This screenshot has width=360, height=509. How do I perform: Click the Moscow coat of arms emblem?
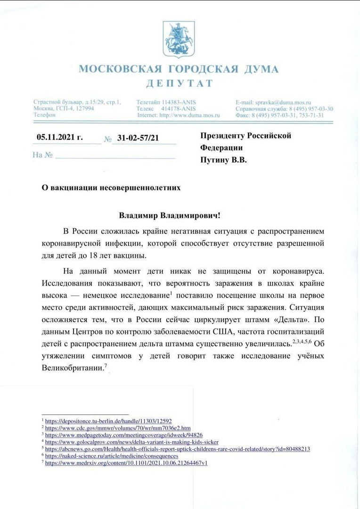click(x=179, y=40)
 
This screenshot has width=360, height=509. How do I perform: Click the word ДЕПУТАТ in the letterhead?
click(x=179, y=84)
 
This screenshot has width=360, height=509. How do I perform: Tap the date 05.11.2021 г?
click(x=59, y=138)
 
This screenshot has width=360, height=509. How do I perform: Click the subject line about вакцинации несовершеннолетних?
click(x=111, y=188)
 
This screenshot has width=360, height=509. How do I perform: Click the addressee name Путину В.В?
click(x=223, y=160)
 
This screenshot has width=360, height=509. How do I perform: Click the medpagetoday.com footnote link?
click(x=124, y=435)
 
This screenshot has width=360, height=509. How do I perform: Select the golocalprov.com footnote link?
click(x=132, y=442)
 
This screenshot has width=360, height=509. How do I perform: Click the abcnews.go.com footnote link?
click(x=178, y=449)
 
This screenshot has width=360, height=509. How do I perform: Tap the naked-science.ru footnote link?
click(x=112, y=456)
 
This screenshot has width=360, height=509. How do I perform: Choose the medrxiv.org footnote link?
click(x=126, y=463)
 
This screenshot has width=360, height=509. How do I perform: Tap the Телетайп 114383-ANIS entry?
click(x=166, y=102)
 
